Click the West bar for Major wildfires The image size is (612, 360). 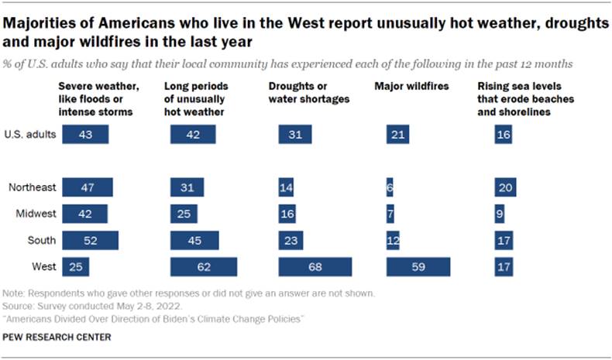[x=418, y=266]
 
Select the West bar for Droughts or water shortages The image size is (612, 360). [x=315, y=266]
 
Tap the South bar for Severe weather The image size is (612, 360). [x=90, y=240]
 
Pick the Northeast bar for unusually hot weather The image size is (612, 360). [x=187, y=187]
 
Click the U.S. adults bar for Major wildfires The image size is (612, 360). [x=397, y=135]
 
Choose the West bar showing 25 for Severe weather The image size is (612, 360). [x=75, y=266]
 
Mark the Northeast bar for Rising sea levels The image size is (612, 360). [x=505, y=187]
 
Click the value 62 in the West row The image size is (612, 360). [x=203, y=266]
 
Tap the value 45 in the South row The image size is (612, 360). [x=194, y=240]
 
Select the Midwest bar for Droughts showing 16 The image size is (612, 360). [x=289, y=214]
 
